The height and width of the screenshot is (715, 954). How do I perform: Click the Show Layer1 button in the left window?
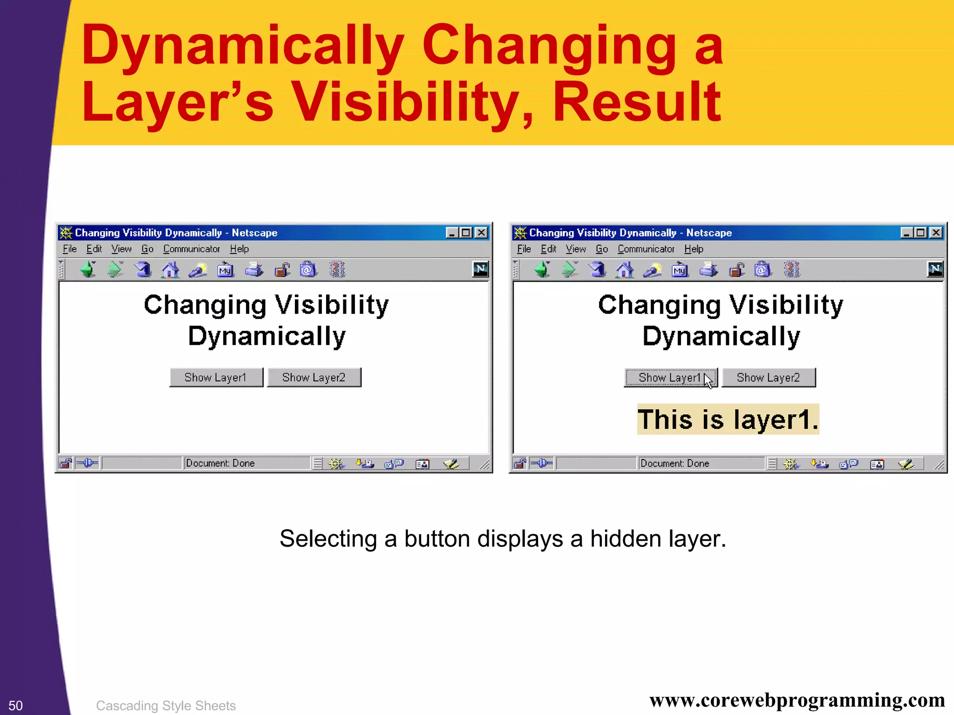point(216,378)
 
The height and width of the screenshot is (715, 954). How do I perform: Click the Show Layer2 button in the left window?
point(314,378)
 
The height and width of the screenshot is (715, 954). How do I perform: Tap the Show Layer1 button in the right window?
point(670,378)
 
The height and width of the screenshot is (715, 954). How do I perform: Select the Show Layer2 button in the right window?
point(769,378)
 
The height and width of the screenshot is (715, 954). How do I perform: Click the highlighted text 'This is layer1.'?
point(728,419)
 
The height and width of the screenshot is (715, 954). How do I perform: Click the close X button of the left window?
point(482,233)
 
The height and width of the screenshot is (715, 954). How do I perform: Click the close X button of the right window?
point(936,233)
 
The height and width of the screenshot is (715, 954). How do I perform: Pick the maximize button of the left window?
point(466,233)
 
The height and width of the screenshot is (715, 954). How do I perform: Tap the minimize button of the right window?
point(906,233)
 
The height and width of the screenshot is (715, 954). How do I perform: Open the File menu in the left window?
point(69,249)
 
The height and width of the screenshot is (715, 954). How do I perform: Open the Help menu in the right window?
point(694,249)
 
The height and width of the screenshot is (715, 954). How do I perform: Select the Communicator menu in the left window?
point(191,249)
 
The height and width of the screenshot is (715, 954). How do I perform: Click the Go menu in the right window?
point(602,249)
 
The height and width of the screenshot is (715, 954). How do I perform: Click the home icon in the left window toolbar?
point(170,270)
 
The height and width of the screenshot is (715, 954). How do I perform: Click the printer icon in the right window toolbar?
point(709,270)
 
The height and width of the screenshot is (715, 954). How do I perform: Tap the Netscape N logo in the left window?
point(480,269)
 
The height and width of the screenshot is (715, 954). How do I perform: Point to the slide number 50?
point(15,705)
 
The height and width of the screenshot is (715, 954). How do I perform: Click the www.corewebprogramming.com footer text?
point(797,701)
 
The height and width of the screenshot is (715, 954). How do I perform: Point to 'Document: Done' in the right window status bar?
point(675,463)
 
